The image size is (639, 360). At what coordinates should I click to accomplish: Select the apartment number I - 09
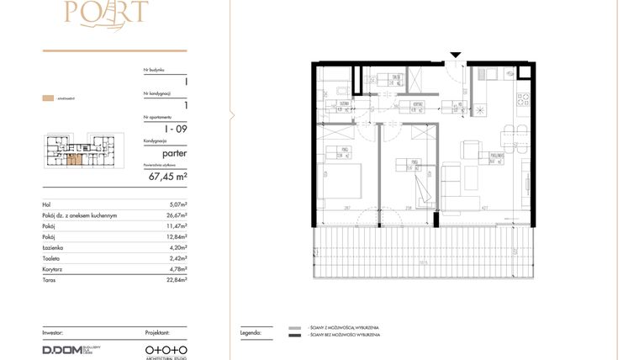pos(176,129)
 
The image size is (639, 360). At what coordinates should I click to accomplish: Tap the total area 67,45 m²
pos(168,177)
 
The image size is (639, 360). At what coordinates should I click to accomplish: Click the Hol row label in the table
pos(46,204)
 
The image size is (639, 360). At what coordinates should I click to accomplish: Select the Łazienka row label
pos(52,248)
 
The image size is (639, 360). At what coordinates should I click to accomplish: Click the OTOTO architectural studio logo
pos(166,349)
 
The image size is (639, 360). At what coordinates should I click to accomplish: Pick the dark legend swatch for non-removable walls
pos(294,336)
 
